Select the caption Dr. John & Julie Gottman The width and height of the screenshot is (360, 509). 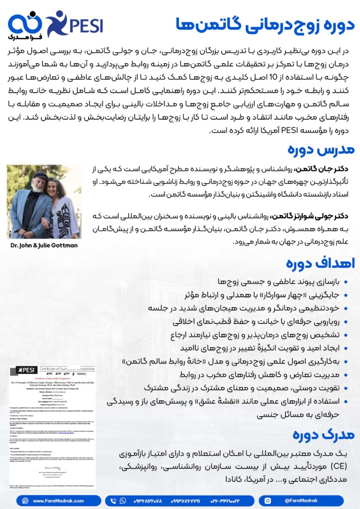(x=44, y=245)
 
